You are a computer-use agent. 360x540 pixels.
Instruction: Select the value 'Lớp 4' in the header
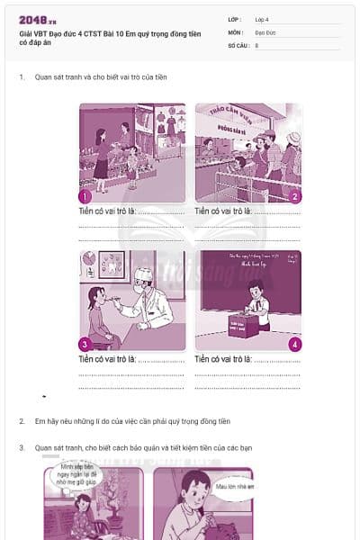point(264,19)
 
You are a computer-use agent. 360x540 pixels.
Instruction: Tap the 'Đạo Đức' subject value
point(266,31)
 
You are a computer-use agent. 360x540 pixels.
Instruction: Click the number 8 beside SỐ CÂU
point(257,44)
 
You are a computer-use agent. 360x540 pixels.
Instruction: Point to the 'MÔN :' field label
point(236,31)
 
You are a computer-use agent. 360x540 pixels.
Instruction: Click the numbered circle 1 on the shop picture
point(85,195)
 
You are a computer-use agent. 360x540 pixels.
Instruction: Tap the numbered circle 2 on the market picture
point(295,195)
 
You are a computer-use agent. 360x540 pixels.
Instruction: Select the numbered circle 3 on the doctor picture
point(85,344)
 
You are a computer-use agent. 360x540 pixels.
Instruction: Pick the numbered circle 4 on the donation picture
point(295,344)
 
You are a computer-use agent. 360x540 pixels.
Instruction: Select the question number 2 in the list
point(22,421)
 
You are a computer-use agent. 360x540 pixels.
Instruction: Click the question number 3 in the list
point(22,447)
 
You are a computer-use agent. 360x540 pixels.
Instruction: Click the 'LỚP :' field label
point(236,19)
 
